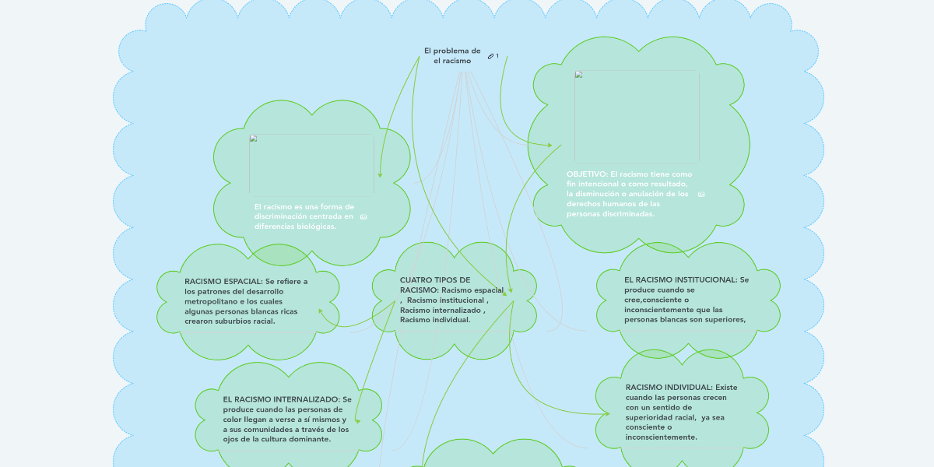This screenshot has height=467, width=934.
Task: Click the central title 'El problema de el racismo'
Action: click(x=451, y=55)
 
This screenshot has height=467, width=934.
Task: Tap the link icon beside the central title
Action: click(x=490, y=56)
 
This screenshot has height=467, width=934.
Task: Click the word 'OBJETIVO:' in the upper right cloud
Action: click(x=588, y=174)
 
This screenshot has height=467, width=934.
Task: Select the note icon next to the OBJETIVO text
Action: click(x=701, y=194)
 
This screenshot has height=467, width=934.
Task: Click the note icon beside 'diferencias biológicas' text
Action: click(x=363, y=217)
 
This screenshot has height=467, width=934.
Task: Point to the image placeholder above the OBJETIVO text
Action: click(x=636, y=117)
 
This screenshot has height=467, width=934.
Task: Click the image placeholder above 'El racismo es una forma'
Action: click(x=311, y=164)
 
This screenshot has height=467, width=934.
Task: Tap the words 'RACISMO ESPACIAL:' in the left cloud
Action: click(x=223, y=282)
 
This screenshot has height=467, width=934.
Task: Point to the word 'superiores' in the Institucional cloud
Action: click(x=725, y=319)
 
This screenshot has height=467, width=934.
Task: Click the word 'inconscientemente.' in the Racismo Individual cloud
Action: click(x=661, y=437)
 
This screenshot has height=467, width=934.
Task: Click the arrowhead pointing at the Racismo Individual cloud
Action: click(x=606, y=414)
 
